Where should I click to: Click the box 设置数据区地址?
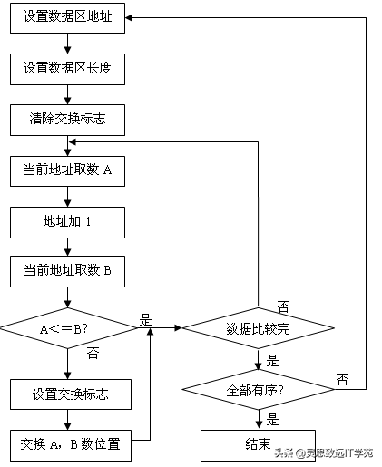tap(68, 17)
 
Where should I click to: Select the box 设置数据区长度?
tap(68, 67)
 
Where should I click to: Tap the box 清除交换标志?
tap(68, 117)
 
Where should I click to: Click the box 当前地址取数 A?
tap(68, 170)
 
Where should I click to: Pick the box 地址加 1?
tap(68, 219)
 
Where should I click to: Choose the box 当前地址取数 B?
tap(68, 269)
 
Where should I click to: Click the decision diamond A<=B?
tap(68, 328)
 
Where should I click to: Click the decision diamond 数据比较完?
tap(260, 328)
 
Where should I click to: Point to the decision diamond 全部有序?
tap(260, 390)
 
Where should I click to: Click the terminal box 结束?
tap(260, 444)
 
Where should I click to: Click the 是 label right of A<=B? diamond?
tap(145, 320)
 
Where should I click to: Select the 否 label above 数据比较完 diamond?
tap(283, 306)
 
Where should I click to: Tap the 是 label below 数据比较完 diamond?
tap(273, 360)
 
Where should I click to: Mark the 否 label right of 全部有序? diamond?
tap(342, 378)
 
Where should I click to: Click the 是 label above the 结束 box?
tap(273, 420)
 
